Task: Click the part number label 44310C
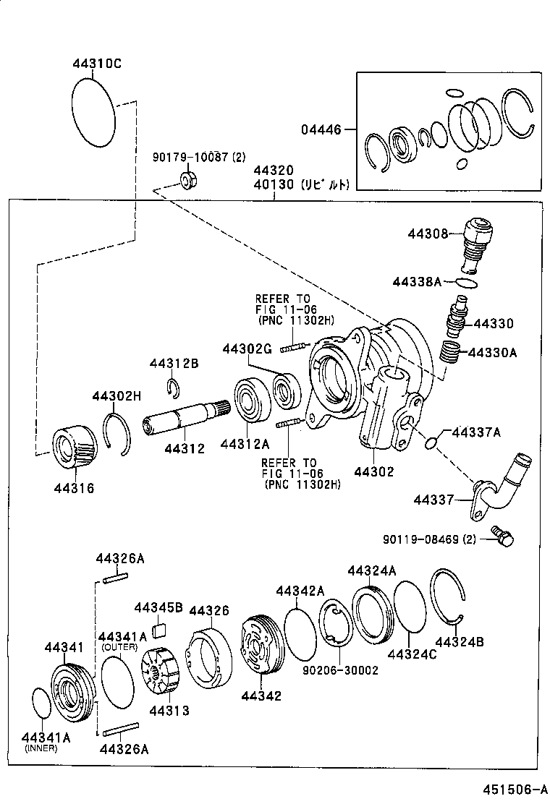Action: pos(97,64)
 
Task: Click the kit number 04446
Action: pos(321,130)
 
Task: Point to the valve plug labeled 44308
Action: pos(475,241)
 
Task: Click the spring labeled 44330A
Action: pos(452,354)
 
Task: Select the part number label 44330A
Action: pos(493,353)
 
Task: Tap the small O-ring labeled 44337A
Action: pos(431,442)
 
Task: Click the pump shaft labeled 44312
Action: pos(185,422)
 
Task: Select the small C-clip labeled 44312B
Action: pos(173,388)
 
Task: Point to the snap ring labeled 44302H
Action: pos(117,433)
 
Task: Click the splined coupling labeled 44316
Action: pos(76,449)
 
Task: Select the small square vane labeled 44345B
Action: pos(160,631)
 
